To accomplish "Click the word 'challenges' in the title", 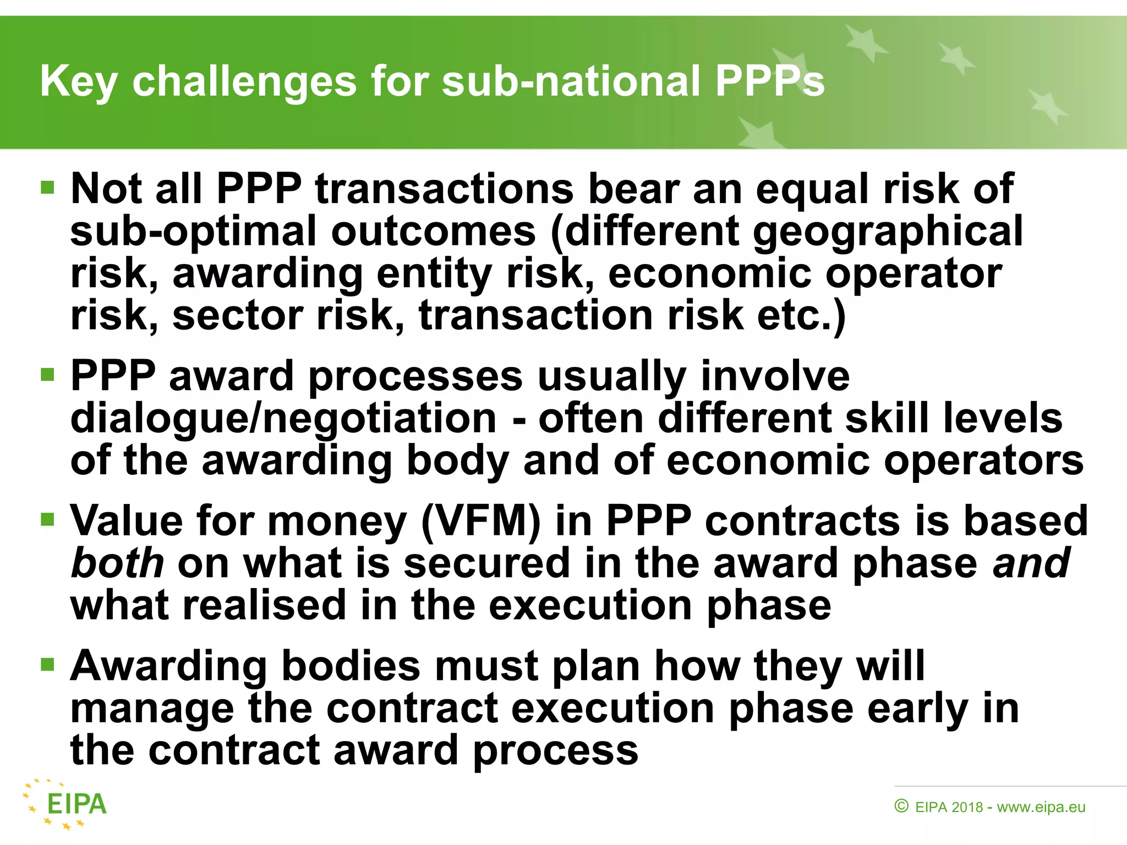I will coord(244,81).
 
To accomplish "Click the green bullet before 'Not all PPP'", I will coord(48,188).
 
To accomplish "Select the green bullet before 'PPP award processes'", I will coord(48,375).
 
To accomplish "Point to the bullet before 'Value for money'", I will coord(48,519).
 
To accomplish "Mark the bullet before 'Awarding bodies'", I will coord(48,665).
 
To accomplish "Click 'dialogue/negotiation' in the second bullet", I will coord(283,418).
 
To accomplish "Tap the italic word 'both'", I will coord(117,562).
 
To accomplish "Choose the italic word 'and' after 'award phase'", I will coord(1031,562).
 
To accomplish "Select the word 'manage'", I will coord(152,709).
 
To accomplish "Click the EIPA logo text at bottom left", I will coord(76,804).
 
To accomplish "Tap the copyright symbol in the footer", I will coord(901,806).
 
